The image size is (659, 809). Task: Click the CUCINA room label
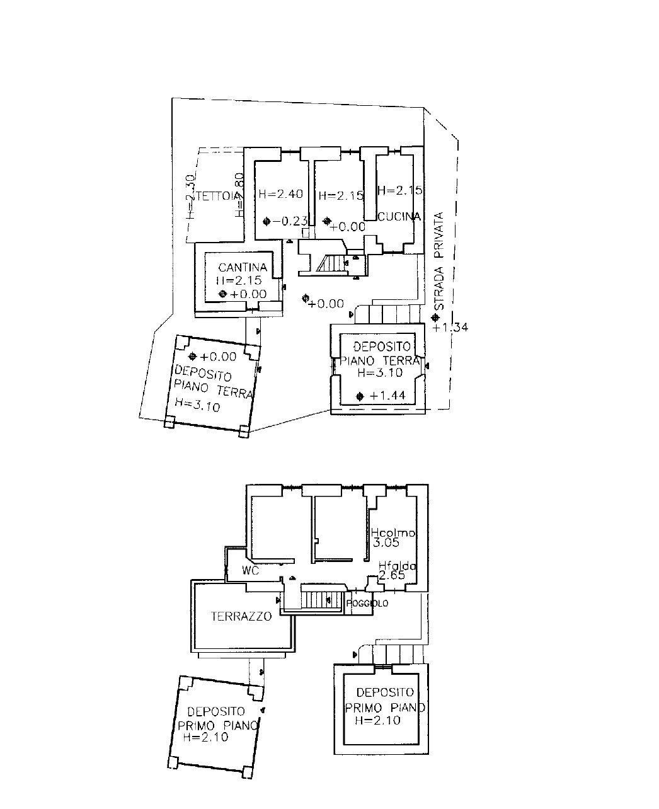click(399, 217)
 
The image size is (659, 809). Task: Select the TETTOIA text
click(217, 196)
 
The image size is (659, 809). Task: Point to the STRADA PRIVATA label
click(440, 261)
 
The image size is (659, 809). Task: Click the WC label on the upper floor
click(251, 571)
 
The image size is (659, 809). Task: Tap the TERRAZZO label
click(241, 616)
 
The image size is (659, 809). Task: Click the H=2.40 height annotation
click(280, 194)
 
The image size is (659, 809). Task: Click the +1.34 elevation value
click(450, 328)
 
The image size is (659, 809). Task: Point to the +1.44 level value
click(387, 396)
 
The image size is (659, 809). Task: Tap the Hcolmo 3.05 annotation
click(393, 537)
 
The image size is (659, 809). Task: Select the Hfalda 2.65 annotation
click(397, 571)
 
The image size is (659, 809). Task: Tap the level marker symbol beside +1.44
click(360, 396)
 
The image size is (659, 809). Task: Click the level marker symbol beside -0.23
click(266, 221)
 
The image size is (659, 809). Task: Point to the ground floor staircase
click(332, 263)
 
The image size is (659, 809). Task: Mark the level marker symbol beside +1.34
click(435, 318)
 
